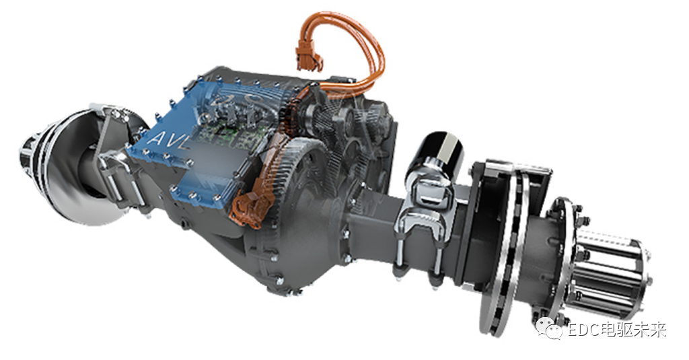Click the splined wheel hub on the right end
point(611,273)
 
